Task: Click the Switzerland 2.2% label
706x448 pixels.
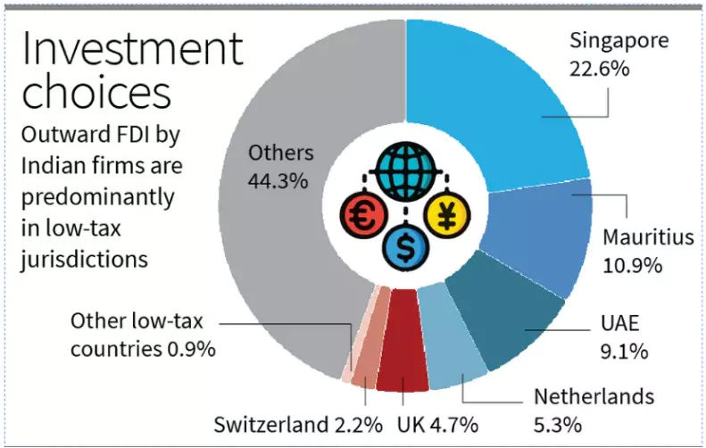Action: pyautogui.click(x=298, y=423)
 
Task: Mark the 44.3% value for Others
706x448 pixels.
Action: pyautogui.click(x=278, y=179)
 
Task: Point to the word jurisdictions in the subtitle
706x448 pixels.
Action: pyautogui.click(x=83, y=261)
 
